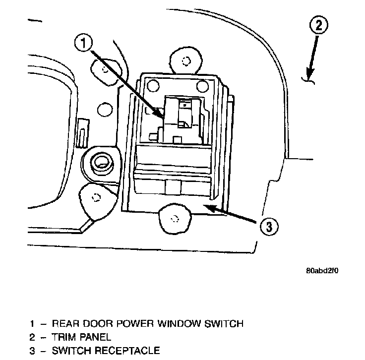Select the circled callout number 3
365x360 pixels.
click(268, 228)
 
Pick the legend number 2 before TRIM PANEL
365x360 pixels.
click(32, 337)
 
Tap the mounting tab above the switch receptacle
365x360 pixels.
click(186, 61)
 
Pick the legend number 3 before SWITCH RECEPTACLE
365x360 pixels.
click(32, 351)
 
